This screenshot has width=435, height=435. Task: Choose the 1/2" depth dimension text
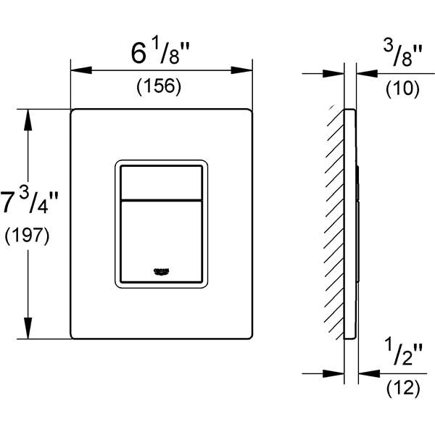coord(397,355)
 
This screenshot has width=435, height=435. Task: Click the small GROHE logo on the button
coord(161,270)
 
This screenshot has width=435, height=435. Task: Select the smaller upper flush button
coord(161,181)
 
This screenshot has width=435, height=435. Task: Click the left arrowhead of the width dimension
coord(78,70)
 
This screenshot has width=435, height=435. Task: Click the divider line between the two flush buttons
coord(161,198)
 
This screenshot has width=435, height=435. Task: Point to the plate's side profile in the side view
coord(351,225)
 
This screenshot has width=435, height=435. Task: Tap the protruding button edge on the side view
coord(358,217)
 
